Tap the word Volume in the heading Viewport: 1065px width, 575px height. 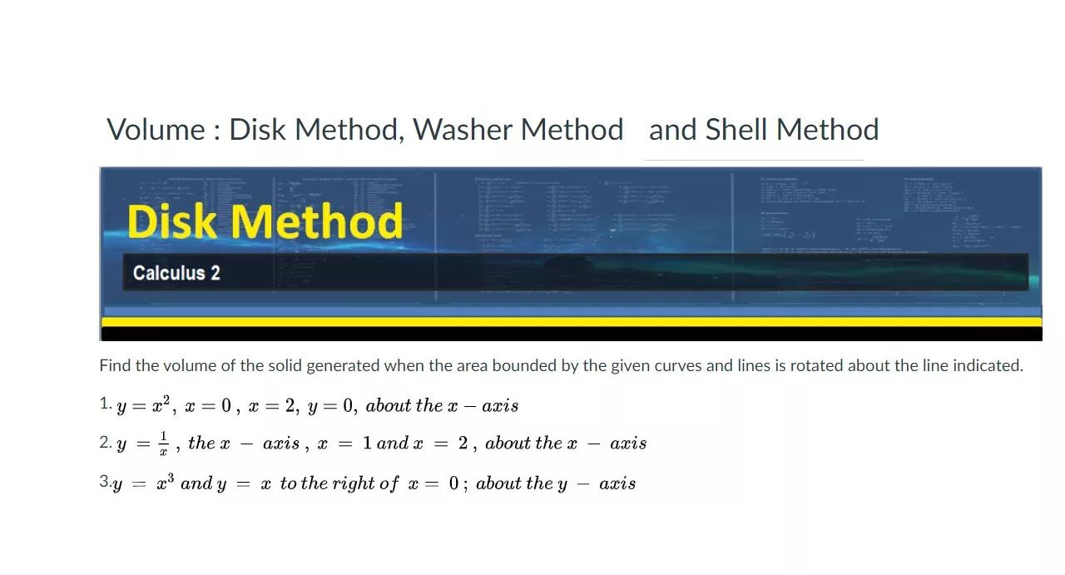click(x=156, y=130)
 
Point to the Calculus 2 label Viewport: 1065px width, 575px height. click(x=176, y=273)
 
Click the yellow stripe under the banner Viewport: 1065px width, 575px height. click(x=571, y=321)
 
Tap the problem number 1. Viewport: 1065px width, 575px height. click(x=104, y=404)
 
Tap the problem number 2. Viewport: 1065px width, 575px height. click(x=104, y=443)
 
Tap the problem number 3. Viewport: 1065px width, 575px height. click(x=104, y=483)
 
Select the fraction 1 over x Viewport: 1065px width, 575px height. click(x=164, y=443)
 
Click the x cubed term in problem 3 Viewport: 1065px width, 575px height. click(x=164, y=483)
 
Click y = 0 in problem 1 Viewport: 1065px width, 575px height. click(x=332, y=406)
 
